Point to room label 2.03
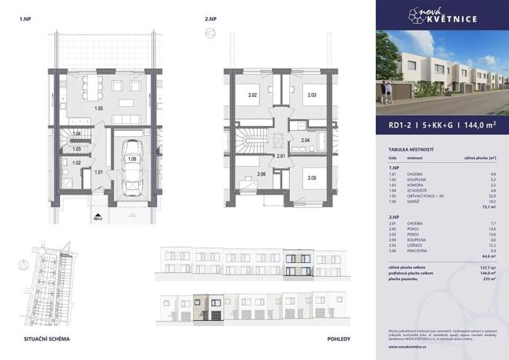click(x=312, y=96)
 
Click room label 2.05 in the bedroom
click(x=312, y=178)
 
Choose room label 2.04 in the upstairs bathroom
click(x=305, y=141)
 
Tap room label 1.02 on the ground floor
click(x=76, y=162)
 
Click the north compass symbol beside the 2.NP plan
click(x=208, y=32)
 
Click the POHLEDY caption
click(x=339, y=338)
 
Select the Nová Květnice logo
click(x=441, y=15)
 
